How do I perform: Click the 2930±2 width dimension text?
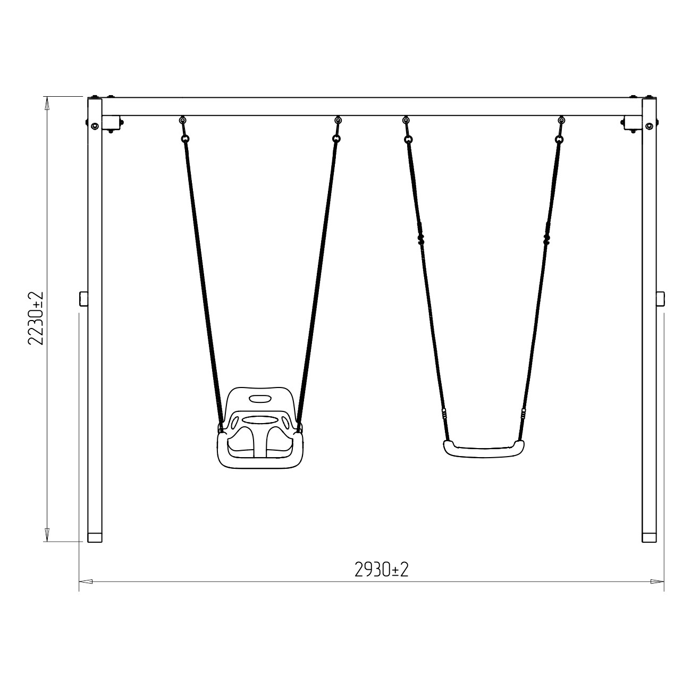(x=381, y=569)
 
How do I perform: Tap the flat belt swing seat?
(x=484, y=449)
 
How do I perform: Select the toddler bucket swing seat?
(x=260, y=427)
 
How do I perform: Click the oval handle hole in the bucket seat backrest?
(x=260, y=399)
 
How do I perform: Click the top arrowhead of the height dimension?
(x=47, y=103)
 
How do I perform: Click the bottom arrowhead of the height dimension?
(x=47, y=535)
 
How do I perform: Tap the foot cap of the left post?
(x=95, y=537)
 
